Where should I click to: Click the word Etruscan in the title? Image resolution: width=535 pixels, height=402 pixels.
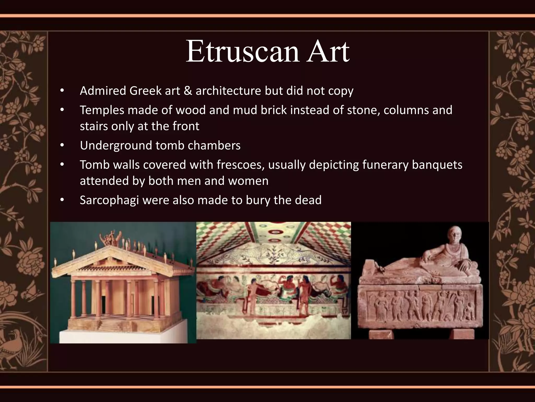coord(242,52)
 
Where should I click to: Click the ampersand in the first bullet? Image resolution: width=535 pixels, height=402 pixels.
coord(188,91)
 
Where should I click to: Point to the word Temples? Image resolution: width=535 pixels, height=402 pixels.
coord(102,110)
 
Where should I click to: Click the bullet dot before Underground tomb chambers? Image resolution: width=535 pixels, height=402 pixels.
coord(62,146)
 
